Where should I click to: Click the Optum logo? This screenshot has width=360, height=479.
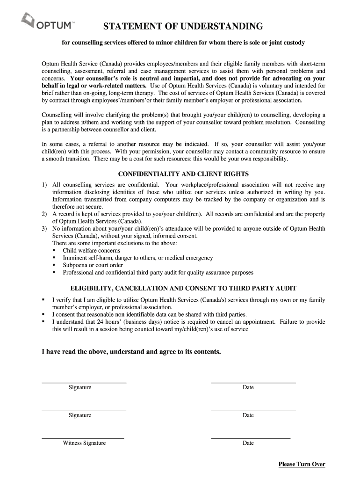tap(47, 22)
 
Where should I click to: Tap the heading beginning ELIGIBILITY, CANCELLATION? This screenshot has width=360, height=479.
tap(183, 288)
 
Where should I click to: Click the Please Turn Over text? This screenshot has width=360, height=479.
tap(302, 464)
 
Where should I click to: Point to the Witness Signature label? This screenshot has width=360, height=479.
tap(84, 443)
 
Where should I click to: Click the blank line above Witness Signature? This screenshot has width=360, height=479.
tap(83, 438)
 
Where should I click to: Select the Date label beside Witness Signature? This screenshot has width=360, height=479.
tap(248, 443)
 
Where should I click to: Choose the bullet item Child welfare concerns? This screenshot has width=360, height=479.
tap(91, 250)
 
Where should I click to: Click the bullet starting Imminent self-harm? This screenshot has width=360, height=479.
tap(137, 258)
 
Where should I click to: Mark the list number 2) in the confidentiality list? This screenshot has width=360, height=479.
tap(43, 214)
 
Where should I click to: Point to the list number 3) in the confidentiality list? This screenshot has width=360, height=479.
tap(43, 228)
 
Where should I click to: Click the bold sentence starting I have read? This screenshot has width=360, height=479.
tap(131, 351)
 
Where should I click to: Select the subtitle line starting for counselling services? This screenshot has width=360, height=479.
tap(183, 43)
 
